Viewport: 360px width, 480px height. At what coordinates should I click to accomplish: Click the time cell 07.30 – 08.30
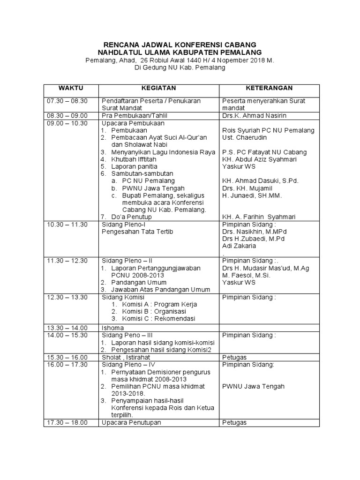click(67, 101)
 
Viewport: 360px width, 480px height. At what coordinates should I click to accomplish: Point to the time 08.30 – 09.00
click(67, 116)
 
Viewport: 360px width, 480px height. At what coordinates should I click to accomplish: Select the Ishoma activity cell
click(112, 328)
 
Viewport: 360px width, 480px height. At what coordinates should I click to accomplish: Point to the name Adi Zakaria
click(239, 245)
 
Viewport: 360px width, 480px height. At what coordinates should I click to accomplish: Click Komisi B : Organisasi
click(154, 311)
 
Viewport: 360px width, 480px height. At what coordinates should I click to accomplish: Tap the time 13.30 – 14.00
click(67, 328)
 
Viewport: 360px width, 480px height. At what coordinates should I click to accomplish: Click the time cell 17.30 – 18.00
click(67, 422)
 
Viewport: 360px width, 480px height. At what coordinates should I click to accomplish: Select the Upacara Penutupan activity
click(131, 422)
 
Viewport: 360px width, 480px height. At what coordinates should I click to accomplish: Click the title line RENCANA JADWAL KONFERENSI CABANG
click(180, 45)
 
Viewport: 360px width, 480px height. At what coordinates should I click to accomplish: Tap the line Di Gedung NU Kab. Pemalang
click(180, 68)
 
